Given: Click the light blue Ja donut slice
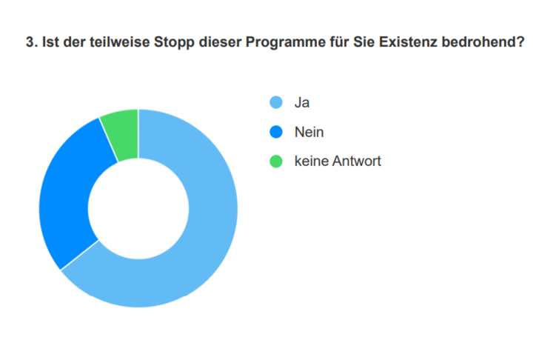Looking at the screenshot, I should (200, 244).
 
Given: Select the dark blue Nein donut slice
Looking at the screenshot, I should (67, 193).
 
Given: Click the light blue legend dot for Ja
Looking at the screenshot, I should (276, 103).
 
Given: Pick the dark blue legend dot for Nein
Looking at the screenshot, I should (276, 132).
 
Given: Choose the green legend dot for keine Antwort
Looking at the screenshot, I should (276, 161).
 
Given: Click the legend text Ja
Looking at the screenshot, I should (301, 103).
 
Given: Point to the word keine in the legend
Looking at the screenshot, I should (310, 161).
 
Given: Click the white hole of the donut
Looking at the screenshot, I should (138, 208).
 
